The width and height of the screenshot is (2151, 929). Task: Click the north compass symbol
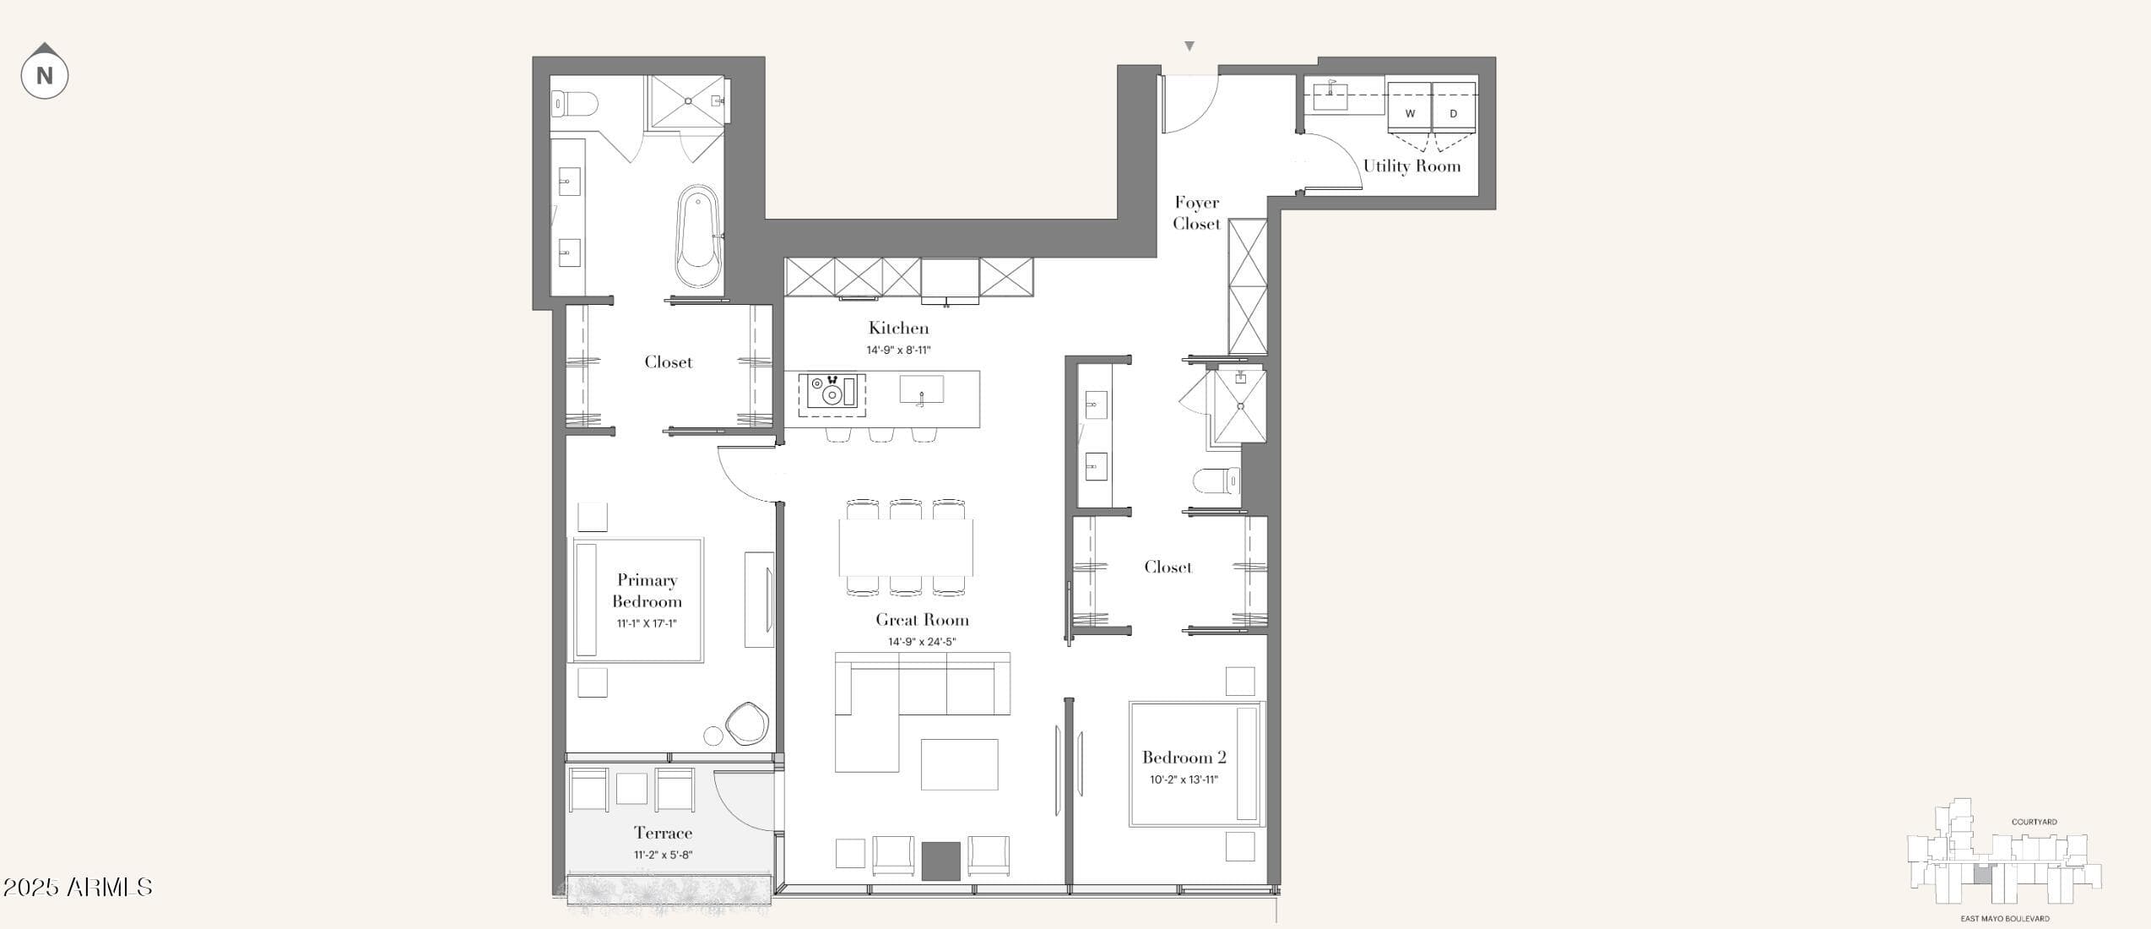point(45,73)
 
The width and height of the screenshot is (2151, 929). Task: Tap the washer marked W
point(1410,106)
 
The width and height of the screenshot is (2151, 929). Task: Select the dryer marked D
point(1454,106)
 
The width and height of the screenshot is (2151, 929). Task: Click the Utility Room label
point(1411,166)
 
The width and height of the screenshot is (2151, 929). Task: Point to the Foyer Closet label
point(1196,213)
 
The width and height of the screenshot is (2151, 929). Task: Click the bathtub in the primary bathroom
point(698,236)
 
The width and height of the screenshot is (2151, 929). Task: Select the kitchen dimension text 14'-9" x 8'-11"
point(898,350)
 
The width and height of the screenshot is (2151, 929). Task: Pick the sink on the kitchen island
point(921,390)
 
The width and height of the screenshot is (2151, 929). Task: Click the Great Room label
point(922,620)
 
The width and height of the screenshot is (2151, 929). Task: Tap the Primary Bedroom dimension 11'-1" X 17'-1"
point(647,624)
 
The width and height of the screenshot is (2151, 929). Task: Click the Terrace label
point(663,834)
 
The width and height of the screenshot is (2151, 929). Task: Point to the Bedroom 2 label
point(1184,758)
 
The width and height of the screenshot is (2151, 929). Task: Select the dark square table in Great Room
point(940,861)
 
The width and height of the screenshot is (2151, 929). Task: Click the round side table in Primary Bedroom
point(713,736)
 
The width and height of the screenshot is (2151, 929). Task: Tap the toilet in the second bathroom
point(1216,481)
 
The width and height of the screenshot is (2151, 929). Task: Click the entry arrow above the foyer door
point(1189,46)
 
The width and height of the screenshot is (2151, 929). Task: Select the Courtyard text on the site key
point(2034,822)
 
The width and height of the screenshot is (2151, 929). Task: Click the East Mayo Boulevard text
point(2005,918)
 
